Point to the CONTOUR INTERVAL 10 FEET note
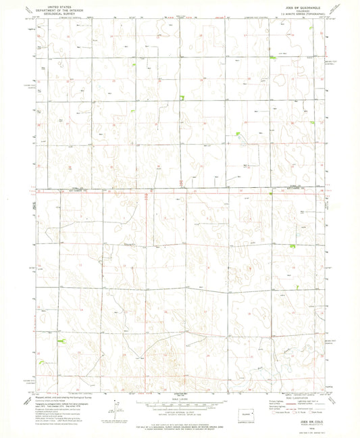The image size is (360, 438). point(180,412)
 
